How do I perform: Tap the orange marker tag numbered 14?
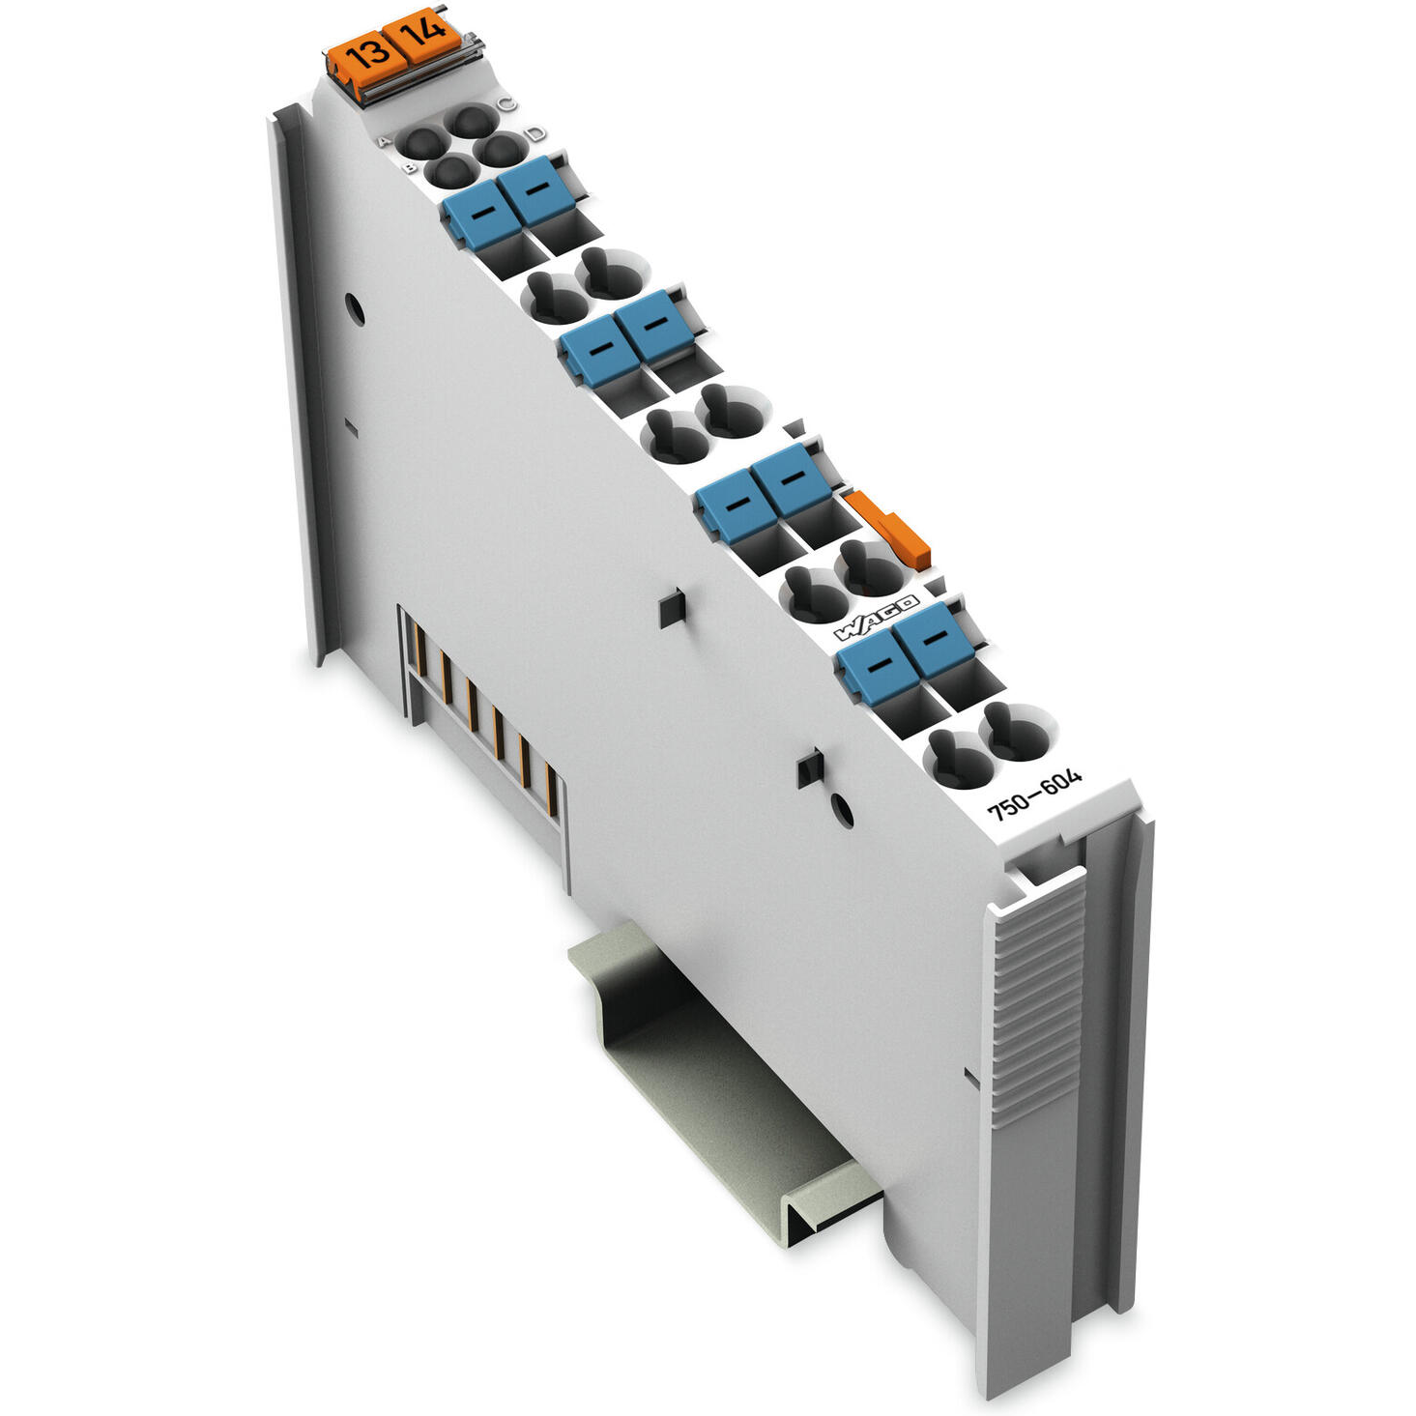[x=422, y=35]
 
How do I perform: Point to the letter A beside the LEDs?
[x=383, y=142]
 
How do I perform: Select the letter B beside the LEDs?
[x=410, y=169]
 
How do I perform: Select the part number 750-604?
[x=1034, y=795]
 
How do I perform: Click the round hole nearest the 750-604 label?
[x=843, y=810]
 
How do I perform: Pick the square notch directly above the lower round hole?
[x=808, y=769]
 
